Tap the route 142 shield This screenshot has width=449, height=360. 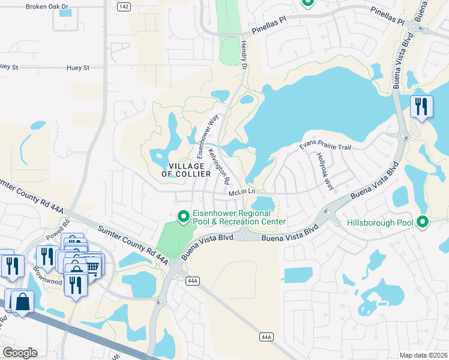pos(124,7)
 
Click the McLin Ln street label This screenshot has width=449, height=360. pos(243,193)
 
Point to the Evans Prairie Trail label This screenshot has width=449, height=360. pos(325,147)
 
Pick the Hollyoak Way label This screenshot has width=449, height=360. pos(325,171)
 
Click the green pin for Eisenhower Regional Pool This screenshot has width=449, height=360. pos(184,216)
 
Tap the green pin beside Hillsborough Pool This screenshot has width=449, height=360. pos(423,223)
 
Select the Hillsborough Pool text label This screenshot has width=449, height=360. pos(380,223)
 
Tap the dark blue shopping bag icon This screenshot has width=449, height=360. pos(22,302)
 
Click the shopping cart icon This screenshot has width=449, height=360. pos(92,265)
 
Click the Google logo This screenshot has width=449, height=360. pos(19,353)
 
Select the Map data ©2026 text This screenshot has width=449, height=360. pos(423,355)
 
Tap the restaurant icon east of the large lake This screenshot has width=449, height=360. pos(421,107)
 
